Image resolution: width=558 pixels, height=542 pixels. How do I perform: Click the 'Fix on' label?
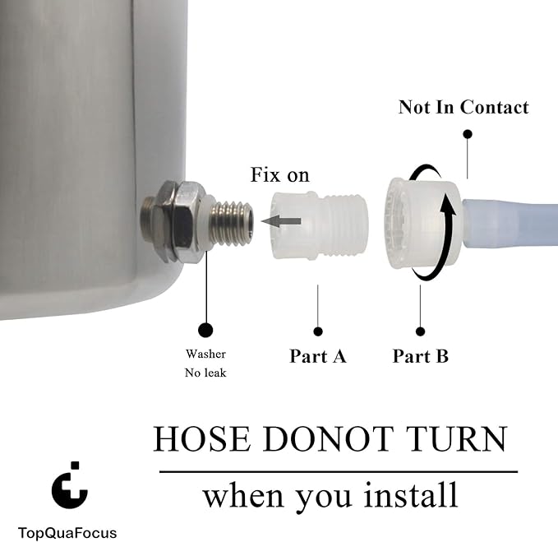(x=279, y=175)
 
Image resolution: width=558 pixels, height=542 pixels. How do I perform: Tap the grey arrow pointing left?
(x=281, y=221)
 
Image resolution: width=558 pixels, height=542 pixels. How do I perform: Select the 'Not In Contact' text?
(x=463, y=107)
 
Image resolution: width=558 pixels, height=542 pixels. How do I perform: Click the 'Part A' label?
(x=318, y=356)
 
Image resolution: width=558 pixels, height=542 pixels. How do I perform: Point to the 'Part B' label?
(x=420, y=356)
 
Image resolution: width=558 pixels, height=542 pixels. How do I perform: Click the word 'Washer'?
(x=205, y=354)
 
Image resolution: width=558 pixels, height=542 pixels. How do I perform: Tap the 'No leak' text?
(x=205, y=373)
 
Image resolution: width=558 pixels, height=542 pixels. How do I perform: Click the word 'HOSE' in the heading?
(x=202, y=438)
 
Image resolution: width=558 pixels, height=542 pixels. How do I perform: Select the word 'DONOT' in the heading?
(x=328, y=438)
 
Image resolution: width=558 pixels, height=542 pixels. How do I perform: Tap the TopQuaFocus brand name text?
(x=67, y=533)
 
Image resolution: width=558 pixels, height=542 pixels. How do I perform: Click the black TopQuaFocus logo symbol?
(x=70, y=485)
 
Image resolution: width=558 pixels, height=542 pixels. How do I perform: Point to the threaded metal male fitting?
(x=231, y=223)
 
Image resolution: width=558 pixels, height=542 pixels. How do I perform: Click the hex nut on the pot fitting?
(x=185, y=222)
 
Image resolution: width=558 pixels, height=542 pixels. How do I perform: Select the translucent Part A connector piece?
(x=319, y=225)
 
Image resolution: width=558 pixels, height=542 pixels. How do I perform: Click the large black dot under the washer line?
(x=205, y=330)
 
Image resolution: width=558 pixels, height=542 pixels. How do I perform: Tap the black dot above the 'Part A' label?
(x=318, y=331)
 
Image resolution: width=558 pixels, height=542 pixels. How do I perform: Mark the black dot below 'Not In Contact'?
(x=468, y=134)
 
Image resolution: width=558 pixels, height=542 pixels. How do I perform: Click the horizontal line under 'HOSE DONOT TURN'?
(x=339, y=472)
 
